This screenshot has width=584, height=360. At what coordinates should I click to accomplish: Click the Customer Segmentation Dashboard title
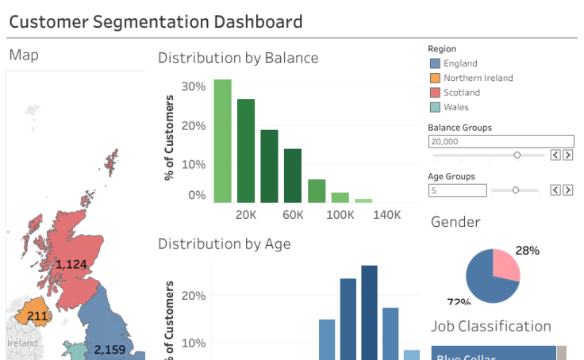[x=156, y=21]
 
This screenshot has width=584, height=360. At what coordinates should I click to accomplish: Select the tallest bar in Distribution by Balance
[x=222, y=141]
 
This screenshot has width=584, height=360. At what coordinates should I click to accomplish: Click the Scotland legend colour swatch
[x=434, y=93]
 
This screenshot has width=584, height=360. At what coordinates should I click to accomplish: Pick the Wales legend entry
[x=455, y=107]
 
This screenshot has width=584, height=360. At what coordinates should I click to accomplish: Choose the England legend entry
[x=460, y=63]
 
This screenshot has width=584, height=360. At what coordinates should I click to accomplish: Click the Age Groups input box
[x=457, y=190]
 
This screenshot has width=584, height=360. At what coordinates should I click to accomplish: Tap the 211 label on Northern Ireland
[x=37, y=316]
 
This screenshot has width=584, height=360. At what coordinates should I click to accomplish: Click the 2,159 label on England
[x=109, y=349]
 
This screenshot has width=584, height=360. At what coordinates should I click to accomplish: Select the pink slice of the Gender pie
[x=505, y=266]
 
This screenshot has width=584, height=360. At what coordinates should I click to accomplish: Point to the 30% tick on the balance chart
[x=194, y=86]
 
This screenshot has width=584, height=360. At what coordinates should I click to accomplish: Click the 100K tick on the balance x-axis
[x=340, y=214]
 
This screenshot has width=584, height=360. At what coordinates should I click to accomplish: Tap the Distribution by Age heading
[x=224, y=243]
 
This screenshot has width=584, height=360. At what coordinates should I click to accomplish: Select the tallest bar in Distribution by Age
[x=369, y=312]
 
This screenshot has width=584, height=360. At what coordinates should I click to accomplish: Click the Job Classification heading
[x=490, y=326]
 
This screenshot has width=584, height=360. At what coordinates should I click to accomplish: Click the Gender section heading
[x=455, y=222]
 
